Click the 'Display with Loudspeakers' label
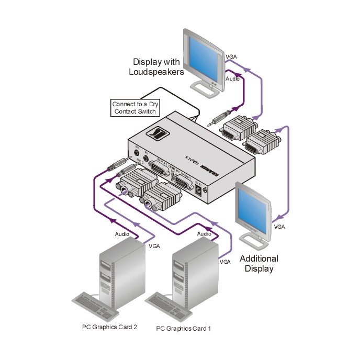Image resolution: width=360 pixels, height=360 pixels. point(156,66)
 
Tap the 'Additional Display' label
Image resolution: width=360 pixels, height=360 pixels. point(259,263)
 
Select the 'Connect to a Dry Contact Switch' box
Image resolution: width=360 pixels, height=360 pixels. point(135,108)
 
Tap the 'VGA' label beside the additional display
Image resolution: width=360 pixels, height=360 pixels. point(279,227)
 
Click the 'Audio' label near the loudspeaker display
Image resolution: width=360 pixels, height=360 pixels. point(233,78)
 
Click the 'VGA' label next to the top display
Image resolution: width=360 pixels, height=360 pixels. point(231,56)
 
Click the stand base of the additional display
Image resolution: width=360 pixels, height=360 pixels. point(255,240)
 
